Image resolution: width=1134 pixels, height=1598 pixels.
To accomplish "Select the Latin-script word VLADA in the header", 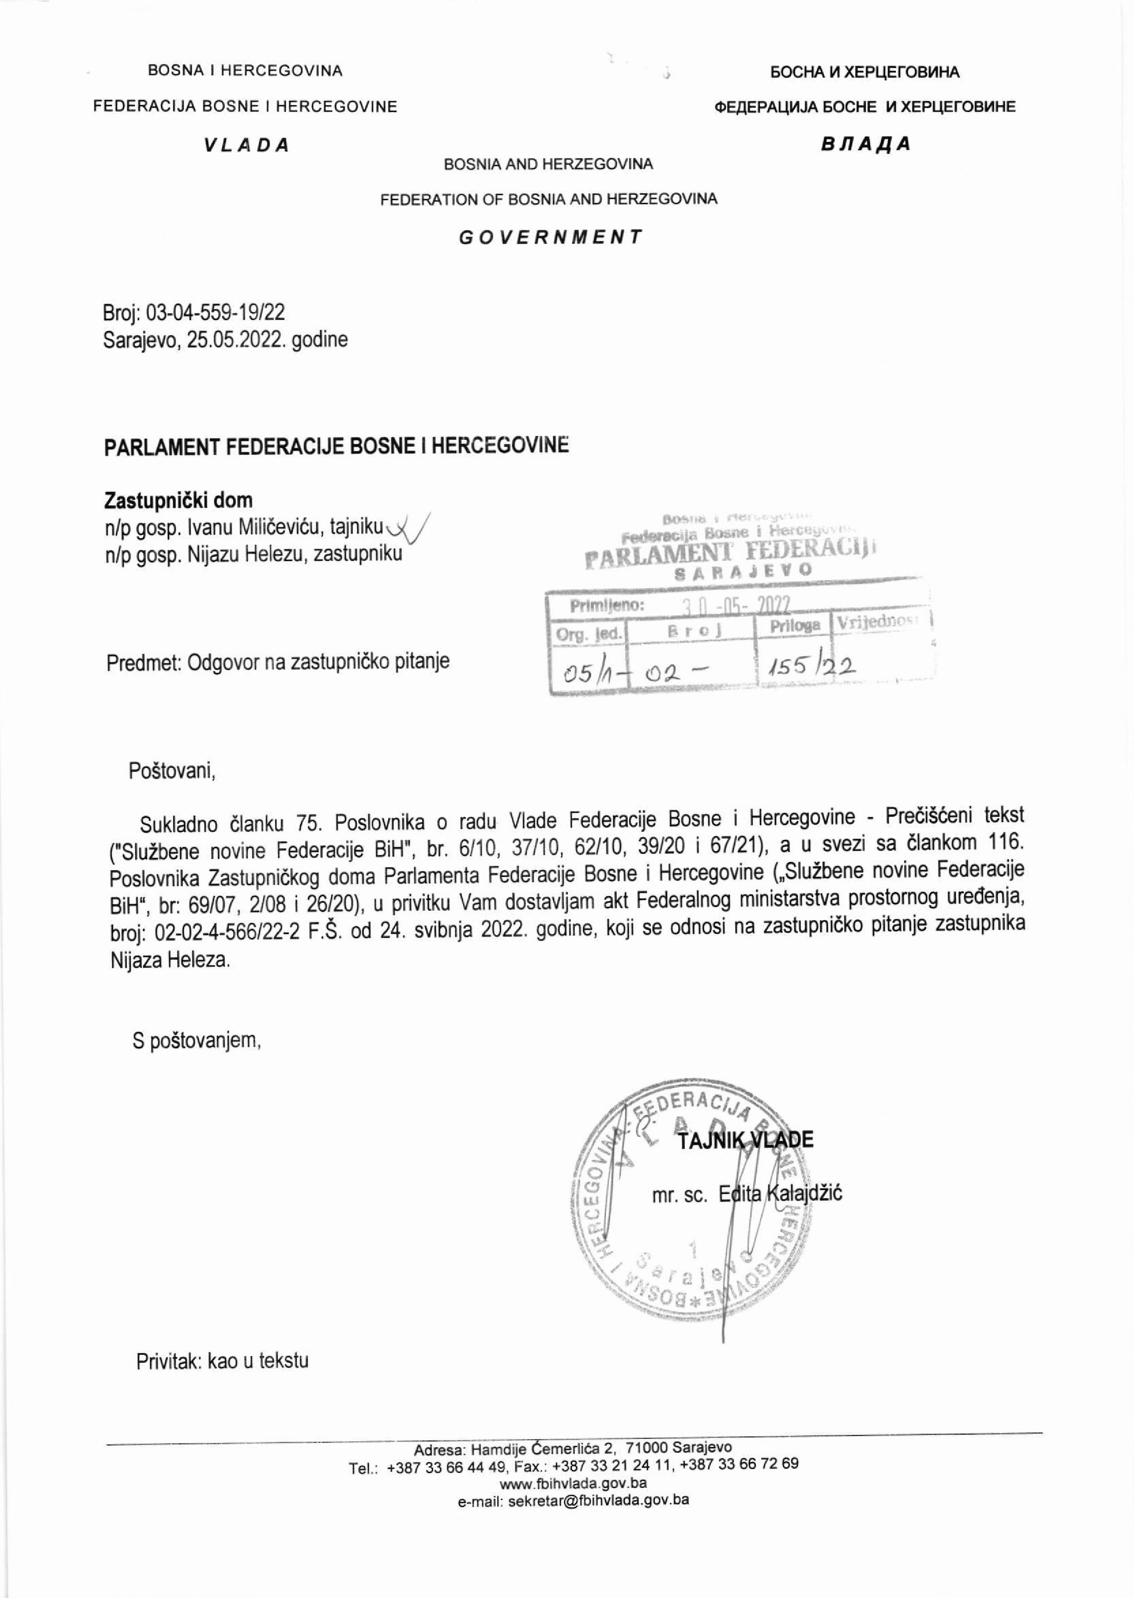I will coord(246,145).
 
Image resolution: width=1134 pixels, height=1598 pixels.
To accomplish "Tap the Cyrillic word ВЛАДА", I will coord(866,144).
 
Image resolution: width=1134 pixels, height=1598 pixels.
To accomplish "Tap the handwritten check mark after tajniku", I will coord(408,529).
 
